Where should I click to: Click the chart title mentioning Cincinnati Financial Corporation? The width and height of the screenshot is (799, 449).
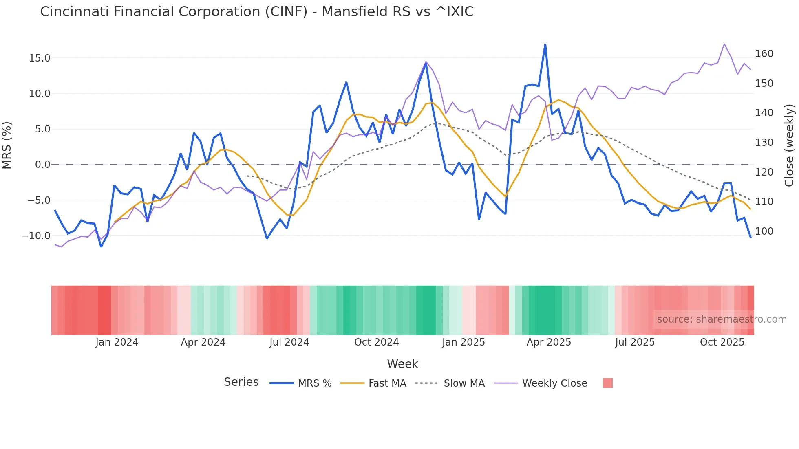[257, 12]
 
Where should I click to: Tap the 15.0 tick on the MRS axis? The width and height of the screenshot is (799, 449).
[40, 58]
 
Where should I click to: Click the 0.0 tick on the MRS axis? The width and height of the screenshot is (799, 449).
[42, 165]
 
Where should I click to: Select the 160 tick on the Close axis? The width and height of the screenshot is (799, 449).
[764, 54]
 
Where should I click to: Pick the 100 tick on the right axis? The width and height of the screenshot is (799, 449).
[764, 231]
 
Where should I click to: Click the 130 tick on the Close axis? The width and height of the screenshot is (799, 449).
[764, 143]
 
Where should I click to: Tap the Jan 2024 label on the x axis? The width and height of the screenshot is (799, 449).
[117, 342]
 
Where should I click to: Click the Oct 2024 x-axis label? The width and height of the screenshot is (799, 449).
[376, 342]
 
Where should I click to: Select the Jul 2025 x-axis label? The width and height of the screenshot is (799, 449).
[635, 342]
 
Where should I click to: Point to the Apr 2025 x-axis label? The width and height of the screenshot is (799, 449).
[549, 342]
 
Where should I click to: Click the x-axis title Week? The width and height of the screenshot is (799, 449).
[402, 364]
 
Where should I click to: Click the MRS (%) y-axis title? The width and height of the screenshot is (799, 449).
[7, 145]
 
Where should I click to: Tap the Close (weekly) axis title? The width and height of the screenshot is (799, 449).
[789, 145]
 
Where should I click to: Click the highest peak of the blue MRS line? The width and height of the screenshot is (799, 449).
[545, 44]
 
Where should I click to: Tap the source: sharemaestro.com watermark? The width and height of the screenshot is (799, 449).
[722, 319]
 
